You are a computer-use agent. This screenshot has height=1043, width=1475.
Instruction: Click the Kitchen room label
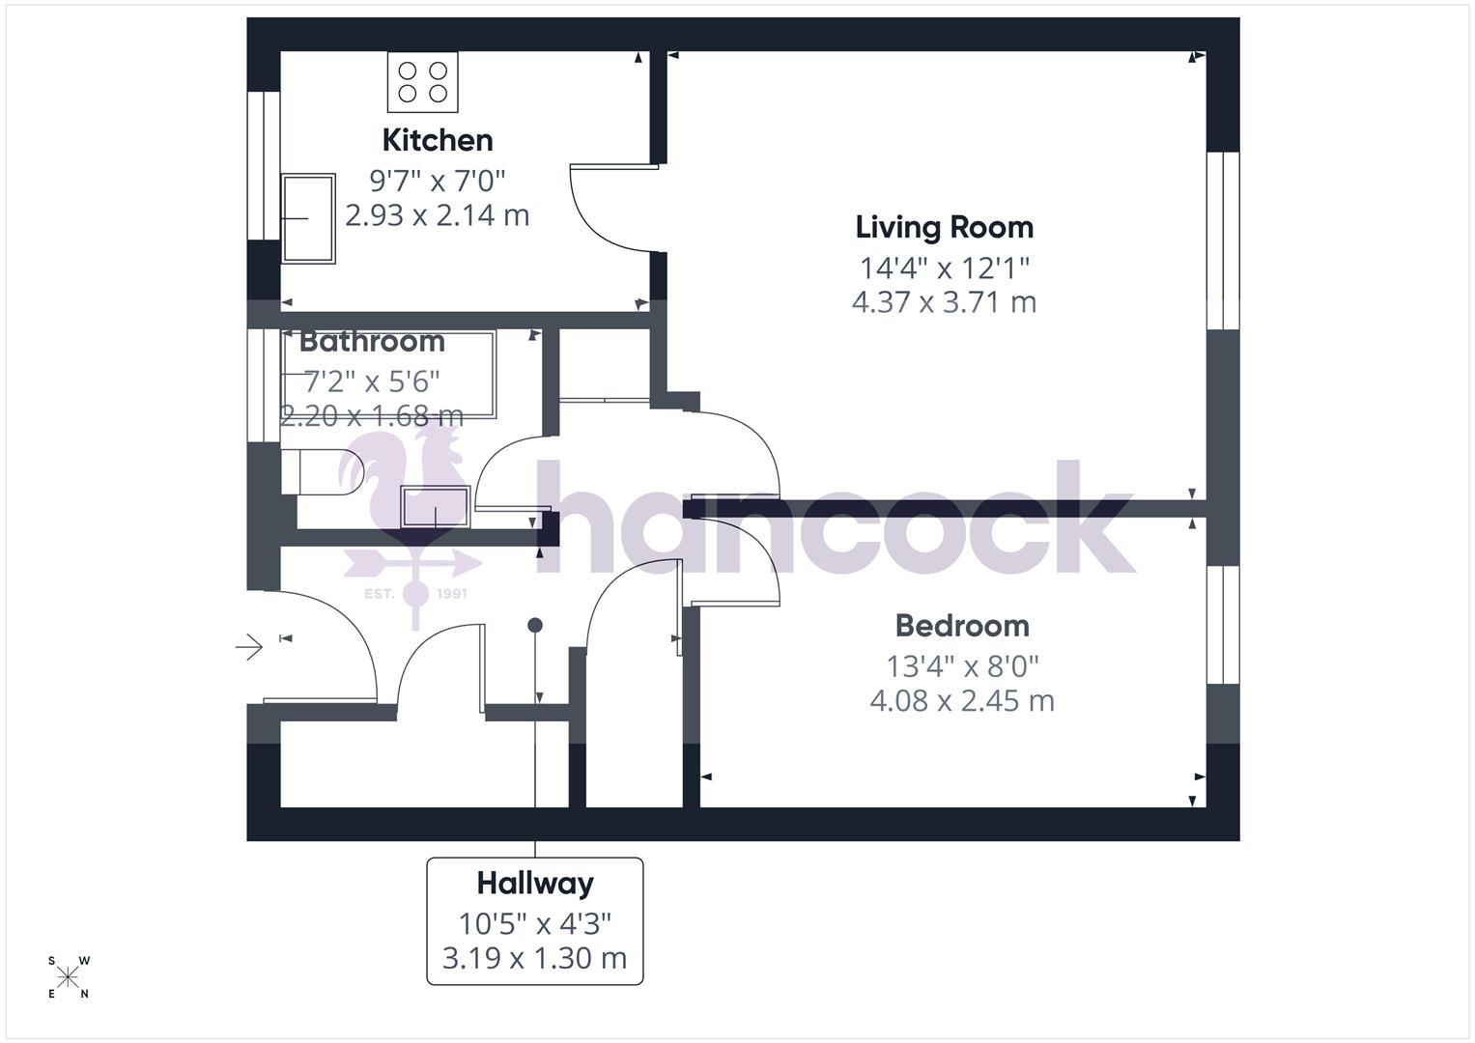pos(438,140)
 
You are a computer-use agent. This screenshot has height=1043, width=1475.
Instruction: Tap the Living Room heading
pos(944,227)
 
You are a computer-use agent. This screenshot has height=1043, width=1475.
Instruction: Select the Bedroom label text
pos(962,626)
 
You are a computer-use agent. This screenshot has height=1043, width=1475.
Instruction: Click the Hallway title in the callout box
pos(535,883)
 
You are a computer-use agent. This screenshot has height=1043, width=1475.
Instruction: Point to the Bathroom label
pos(372,341)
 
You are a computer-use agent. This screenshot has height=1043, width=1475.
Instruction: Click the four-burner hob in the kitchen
pos(423,82)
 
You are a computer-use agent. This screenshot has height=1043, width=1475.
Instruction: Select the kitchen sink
pos(308,218)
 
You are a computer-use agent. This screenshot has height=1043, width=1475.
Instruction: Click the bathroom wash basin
pos(436,507)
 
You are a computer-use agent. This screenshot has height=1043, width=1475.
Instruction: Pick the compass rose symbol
pos(68,977)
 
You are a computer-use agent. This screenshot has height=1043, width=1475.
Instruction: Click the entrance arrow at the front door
pos(249,646)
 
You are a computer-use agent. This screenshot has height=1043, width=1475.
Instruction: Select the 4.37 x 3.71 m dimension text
pos(944,302)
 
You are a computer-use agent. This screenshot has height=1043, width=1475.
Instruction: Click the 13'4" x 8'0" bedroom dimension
pos(962,666)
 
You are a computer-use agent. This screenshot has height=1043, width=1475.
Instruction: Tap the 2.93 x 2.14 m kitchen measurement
pos(438,214)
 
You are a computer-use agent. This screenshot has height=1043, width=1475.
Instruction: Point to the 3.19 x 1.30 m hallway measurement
pos(535,958)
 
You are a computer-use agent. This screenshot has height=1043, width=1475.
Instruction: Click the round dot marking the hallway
pos(535,626)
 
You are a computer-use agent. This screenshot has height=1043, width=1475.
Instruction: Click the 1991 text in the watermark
pos(452,593)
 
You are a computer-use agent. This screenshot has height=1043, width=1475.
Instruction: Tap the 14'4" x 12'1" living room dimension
pos(944,267)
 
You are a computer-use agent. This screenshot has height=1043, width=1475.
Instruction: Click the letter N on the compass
pos(85,994)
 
